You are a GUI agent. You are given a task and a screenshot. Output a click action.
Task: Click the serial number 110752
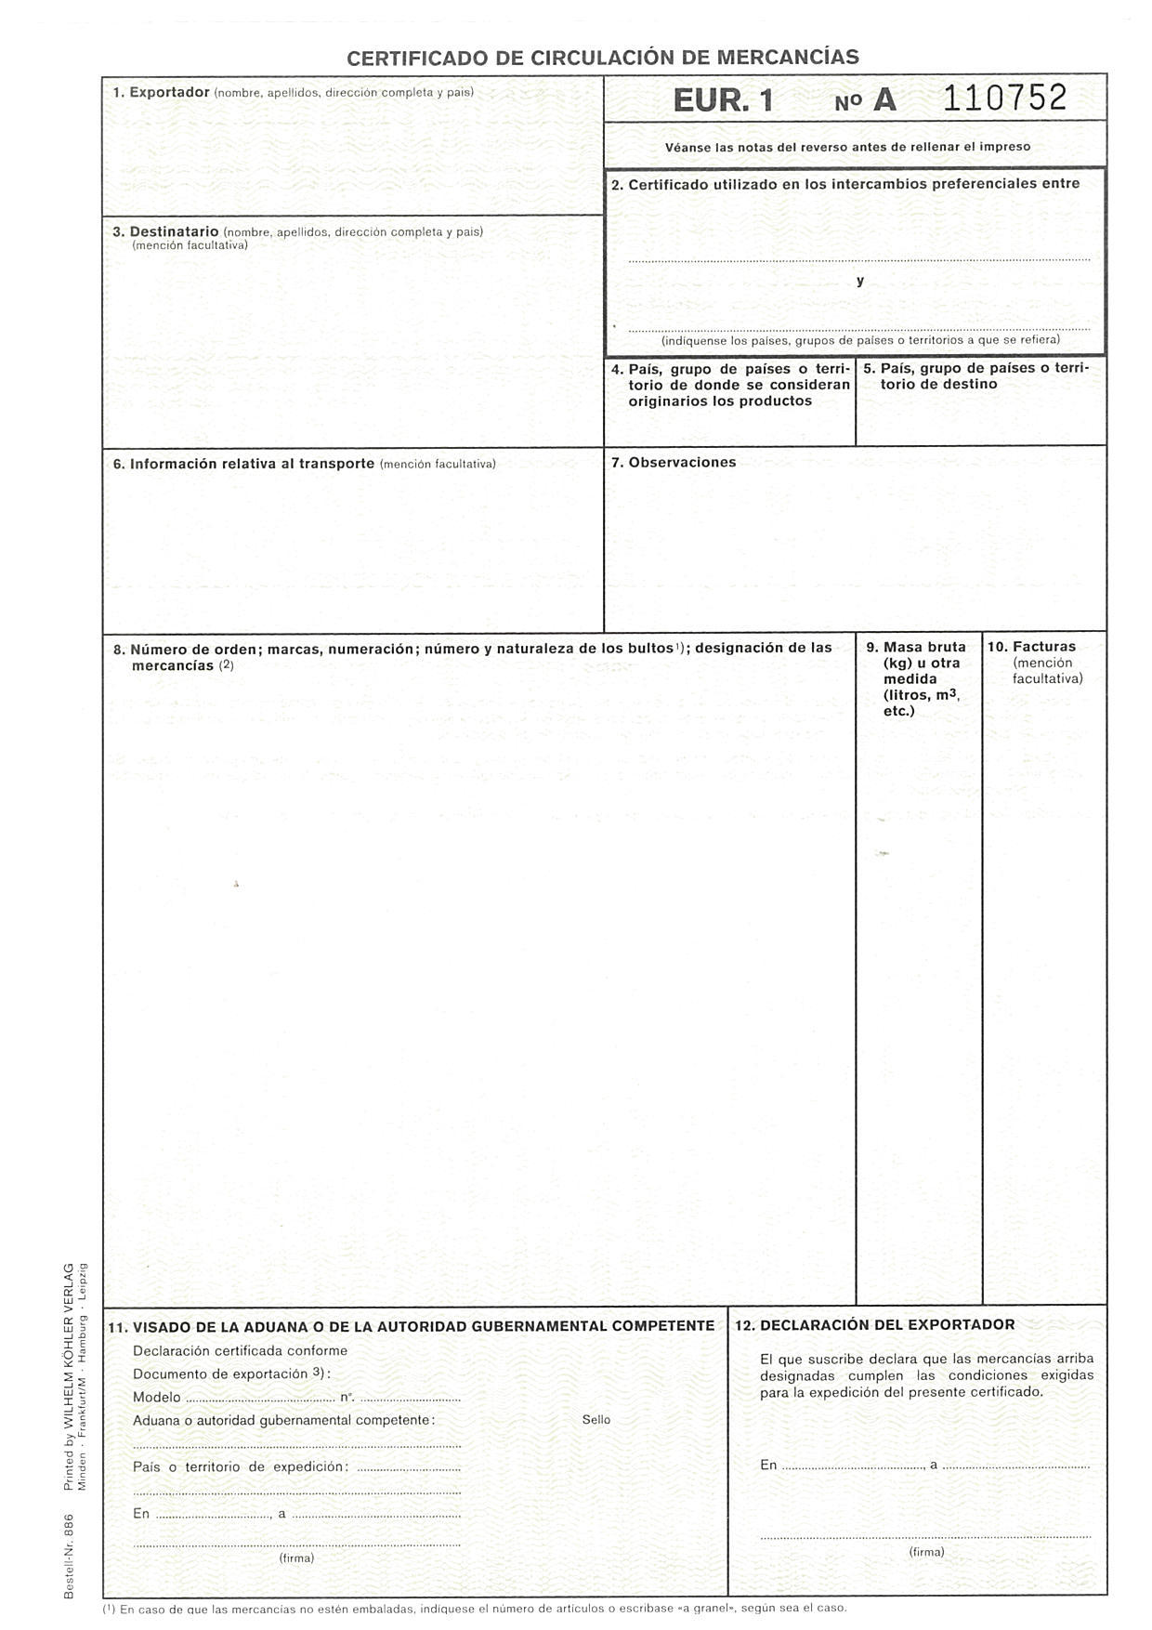point(1005,98)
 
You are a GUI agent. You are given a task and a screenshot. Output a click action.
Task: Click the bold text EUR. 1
point(723,100)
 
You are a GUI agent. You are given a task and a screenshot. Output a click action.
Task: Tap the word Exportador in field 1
point(169,92)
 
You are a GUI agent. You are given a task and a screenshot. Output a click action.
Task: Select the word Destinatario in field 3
point(174,231)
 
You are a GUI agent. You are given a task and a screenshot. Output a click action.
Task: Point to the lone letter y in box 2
point(860,281)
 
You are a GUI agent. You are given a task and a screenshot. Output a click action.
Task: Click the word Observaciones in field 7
point(682,462)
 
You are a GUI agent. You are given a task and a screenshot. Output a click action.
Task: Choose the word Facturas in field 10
point(1044,647)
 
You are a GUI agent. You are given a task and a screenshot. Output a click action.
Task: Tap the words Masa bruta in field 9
point(924,647)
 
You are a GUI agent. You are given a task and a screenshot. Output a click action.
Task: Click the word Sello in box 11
point(596,1419)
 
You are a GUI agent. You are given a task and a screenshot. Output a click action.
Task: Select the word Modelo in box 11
point(157,1397)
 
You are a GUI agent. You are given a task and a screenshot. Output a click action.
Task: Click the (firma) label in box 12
point(926,1551)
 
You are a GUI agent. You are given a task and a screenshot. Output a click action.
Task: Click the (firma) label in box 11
point(296,1557)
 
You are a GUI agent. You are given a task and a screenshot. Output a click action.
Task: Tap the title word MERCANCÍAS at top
point(788,58)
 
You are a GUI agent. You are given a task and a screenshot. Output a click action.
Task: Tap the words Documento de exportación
point(219,1374)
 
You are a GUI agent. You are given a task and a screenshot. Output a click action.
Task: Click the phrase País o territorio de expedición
point(241,1466)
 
